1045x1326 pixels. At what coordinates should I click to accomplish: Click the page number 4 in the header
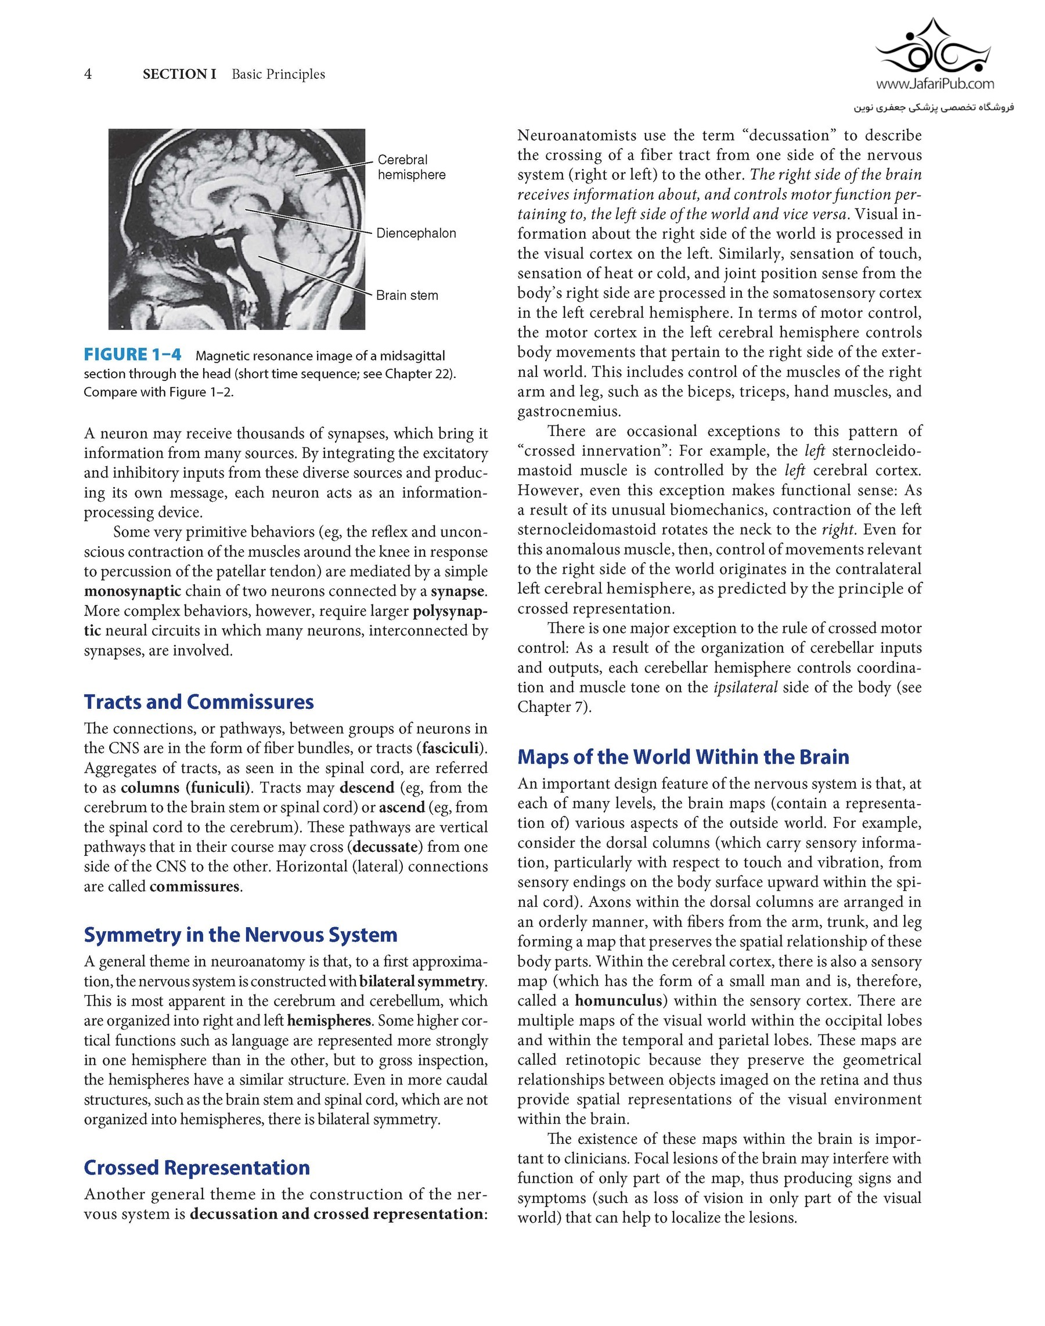coord(88,74)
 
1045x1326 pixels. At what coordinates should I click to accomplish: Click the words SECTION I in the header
coord(179,74)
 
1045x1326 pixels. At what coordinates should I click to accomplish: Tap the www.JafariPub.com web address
coord(935,84)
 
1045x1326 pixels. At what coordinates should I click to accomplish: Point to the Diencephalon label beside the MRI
coord(416,233)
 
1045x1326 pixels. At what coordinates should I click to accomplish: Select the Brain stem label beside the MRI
coord(407,296)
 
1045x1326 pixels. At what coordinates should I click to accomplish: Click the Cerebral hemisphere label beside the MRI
coord(411,167)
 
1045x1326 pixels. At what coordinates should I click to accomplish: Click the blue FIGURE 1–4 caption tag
coord(133,355)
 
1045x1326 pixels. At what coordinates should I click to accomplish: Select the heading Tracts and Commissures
coord(199,702)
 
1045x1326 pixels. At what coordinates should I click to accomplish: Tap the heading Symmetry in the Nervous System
coord(240,935)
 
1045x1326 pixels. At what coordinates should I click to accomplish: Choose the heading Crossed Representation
coord(196,1168)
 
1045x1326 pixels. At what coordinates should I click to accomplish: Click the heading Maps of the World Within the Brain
coord(683,757)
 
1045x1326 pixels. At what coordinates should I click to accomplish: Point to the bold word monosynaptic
coord(133,592)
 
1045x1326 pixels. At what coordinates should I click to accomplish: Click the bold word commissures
coord(194,887)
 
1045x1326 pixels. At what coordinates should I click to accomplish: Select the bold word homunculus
coord(618,1001)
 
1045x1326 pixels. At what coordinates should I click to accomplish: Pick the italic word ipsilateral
coord(745,687)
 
